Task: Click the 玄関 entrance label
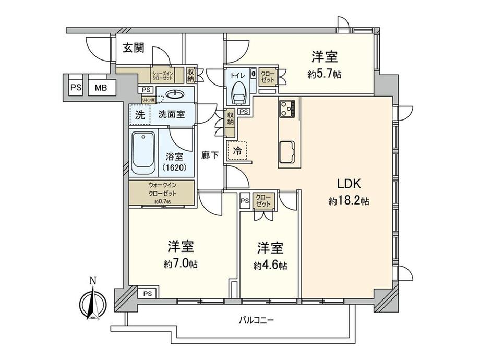click(134, 49)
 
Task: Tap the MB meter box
click(101, 88)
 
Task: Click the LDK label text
click(349, 184)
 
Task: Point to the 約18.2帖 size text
click(349, 200)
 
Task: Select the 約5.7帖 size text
click(325, 74)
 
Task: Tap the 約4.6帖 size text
click(270, 266)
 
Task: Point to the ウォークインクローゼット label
click(162, 189)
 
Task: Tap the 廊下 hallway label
click(210, 155)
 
